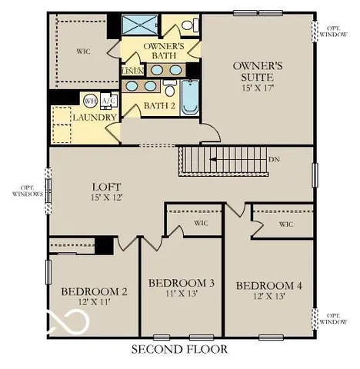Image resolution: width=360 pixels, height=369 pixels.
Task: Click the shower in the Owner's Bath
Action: tap(139, 25)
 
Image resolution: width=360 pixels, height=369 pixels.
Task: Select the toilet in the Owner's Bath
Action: tap(188, 26)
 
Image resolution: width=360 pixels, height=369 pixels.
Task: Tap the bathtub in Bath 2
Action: tap(189, 98)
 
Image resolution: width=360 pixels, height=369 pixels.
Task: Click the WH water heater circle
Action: tap(89, 100)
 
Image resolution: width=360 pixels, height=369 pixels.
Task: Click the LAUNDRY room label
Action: tap(95, 117)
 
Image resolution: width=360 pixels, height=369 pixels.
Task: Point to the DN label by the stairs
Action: tap(274, 160)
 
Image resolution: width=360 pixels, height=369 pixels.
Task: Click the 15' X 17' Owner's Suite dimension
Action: tap(258, 88)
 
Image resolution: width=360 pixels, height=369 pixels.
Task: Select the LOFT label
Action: tap(105, 187)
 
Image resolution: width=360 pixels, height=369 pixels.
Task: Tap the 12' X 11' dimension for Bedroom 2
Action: tap(94, 303)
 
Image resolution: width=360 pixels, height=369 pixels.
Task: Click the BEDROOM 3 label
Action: tap(181, 283)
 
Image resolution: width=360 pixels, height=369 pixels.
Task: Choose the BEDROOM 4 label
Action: tap(268, 286)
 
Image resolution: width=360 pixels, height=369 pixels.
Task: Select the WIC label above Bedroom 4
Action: tap(285, 224)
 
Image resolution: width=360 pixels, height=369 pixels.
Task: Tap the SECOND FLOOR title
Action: tap(178, 350)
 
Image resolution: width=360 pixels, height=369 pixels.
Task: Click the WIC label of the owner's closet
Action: tap(84, 52)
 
